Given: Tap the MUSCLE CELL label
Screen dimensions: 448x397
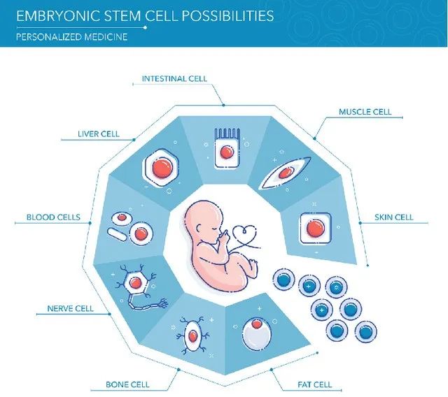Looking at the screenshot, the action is (365, 112).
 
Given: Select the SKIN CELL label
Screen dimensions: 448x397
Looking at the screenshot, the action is (394, 217).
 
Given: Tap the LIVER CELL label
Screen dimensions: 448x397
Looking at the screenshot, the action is (99, 133).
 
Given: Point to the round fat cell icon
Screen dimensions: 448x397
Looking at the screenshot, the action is (255, 334).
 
